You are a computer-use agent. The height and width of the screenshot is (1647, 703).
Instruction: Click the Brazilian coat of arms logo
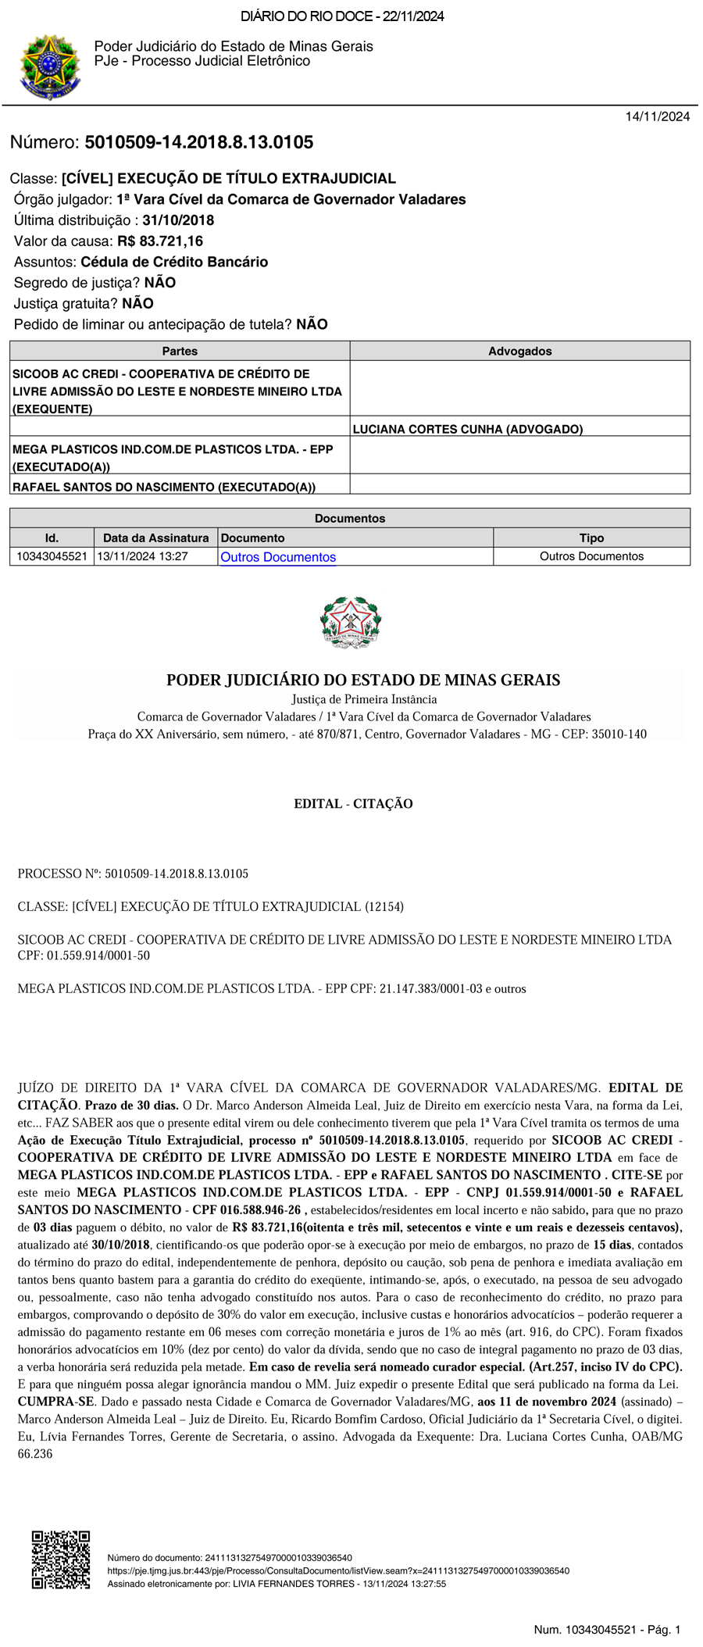click(49, 66)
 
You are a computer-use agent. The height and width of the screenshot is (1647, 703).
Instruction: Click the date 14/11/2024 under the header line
click(657, 116)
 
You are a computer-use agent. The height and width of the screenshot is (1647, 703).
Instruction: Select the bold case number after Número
click(198, 142)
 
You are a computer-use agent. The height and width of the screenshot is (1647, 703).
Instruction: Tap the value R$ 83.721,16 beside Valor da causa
click(160, 241)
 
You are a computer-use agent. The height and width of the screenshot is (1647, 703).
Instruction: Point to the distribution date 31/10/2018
click(178, 220)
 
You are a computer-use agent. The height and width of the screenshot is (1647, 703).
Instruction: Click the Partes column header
click(180, 352)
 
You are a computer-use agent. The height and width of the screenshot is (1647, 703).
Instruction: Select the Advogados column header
click(519, 352)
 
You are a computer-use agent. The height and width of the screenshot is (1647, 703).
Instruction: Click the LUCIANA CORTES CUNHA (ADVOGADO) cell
click(468, 429)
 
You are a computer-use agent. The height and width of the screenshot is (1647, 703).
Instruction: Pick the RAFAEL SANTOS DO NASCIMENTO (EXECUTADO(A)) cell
click(164, 487)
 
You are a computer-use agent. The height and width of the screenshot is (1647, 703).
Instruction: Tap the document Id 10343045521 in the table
click(52, 556)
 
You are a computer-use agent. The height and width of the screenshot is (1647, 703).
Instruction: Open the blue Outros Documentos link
click(278, 557)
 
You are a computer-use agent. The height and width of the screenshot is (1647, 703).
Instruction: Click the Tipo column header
click(591, 538)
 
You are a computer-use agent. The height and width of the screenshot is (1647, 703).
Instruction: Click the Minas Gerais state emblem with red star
click(351, 622)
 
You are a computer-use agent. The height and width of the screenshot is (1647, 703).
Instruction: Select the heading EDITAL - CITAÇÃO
click(353, 803)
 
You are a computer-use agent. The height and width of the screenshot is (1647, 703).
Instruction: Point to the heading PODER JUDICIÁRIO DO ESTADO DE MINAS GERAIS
click(363, 680)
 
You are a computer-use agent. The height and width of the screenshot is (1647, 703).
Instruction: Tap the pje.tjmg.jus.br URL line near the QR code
click(337, 1570)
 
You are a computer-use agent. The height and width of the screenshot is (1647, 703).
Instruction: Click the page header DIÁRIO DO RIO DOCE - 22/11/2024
click(342, 16)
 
